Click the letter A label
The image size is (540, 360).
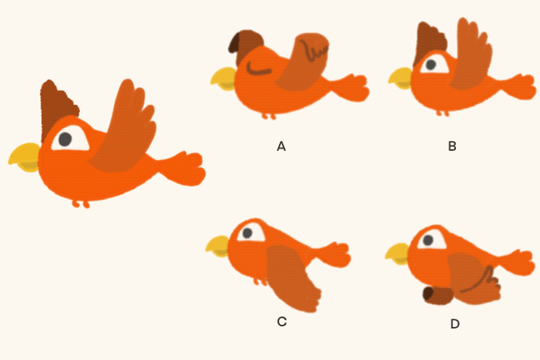(x=281, y=146)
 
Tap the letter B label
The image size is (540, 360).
(x=452, y=146)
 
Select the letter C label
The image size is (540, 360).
(x=282, y=322)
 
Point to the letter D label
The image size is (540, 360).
(x=454, y=324)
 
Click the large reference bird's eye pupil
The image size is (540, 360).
(x=65, y=139)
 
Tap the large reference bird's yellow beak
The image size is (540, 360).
(x=25, y=157)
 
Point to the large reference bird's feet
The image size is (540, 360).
(x=81, y=204)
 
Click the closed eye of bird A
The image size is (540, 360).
(x=258, y=70)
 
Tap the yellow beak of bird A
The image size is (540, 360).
(x=223, y=79)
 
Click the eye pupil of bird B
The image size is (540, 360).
(x=430, y=64)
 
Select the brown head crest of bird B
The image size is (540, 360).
(x=430, y=41)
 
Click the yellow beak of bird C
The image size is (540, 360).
(x=217, y=246)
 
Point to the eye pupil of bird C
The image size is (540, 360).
(x=247, y=233)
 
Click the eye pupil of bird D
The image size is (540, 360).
(x=428, y=240)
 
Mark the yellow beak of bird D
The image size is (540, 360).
(x=397, y=253)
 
